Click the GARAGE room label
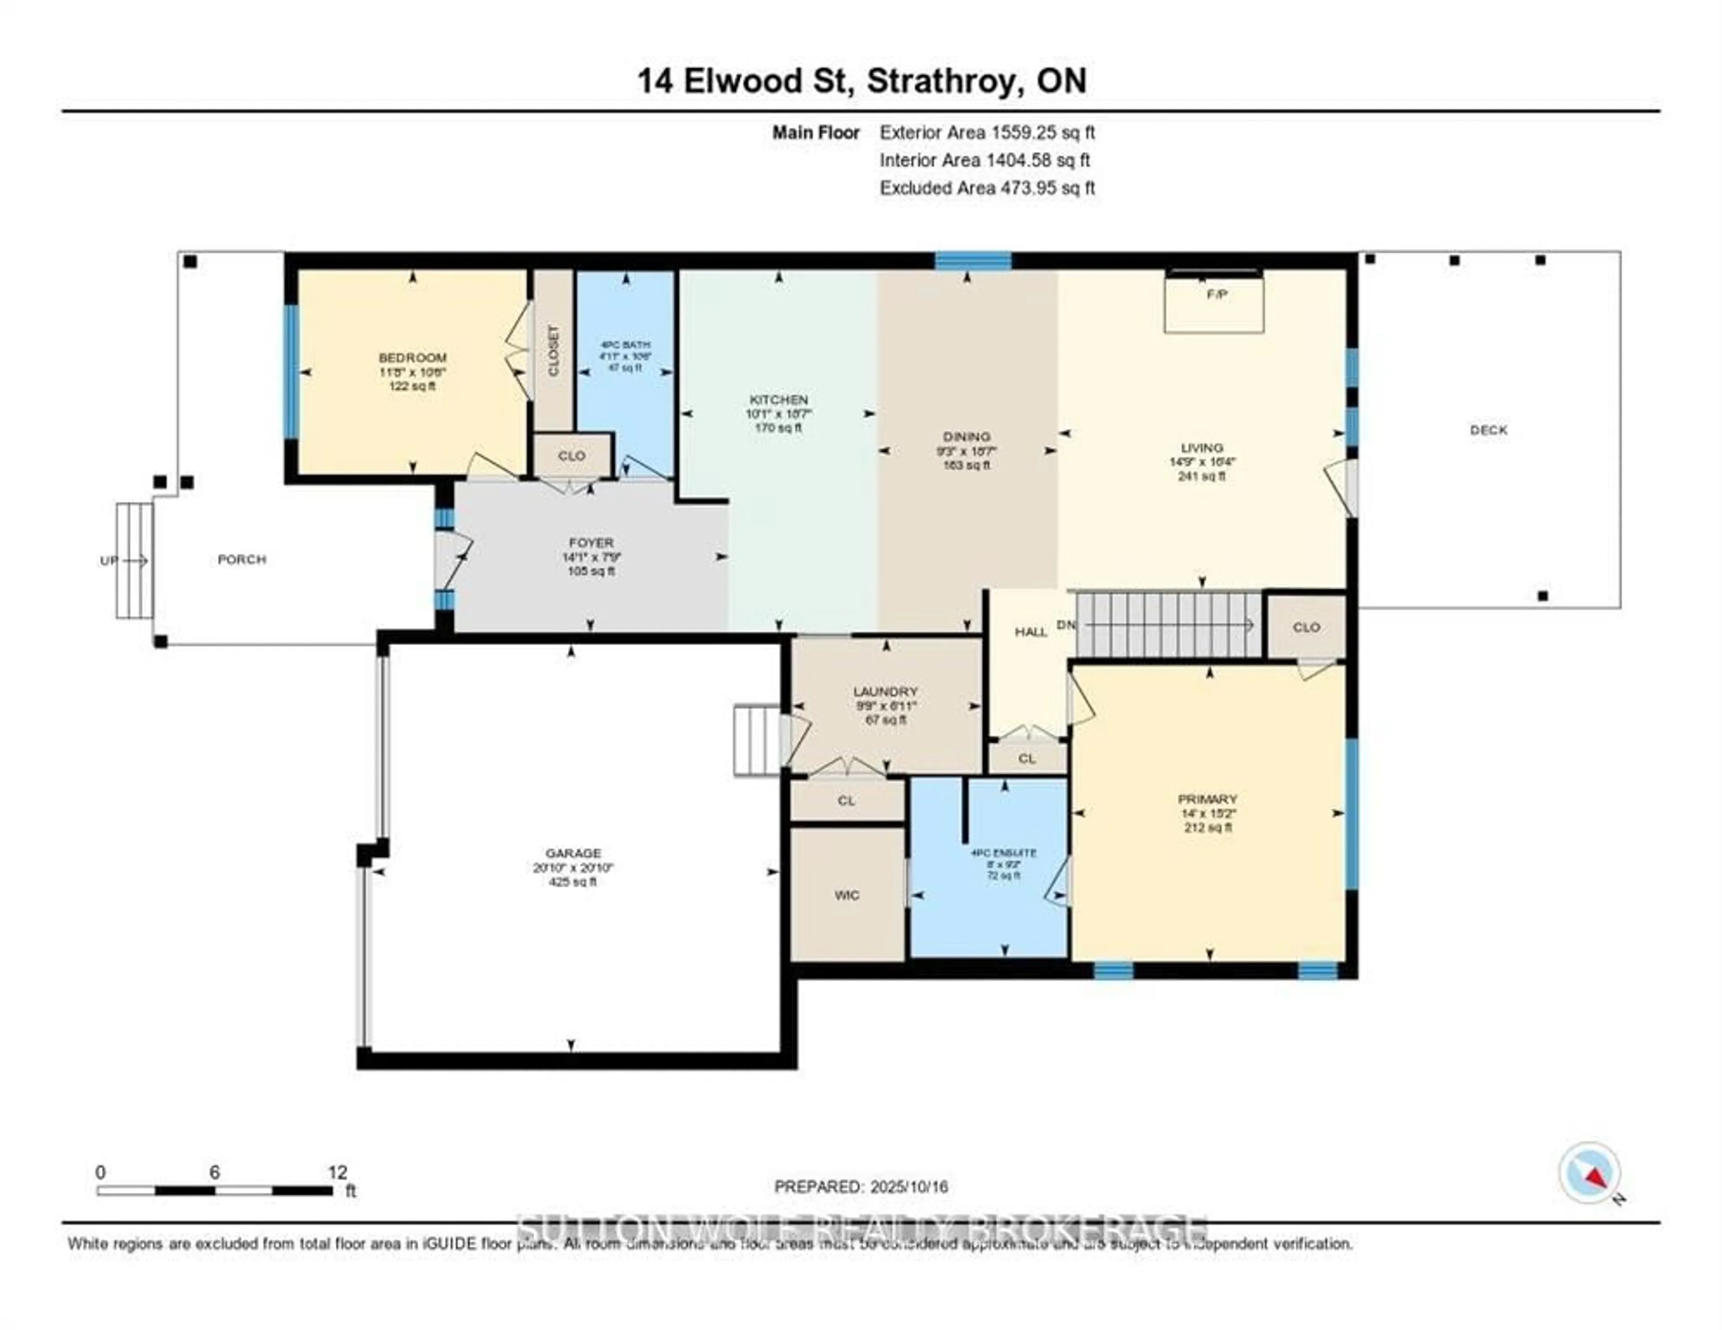coord(573,853)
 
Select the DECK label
coord(1488,430)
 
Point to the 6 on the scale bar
coord(214,1172)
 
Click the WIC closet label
coord(846,895)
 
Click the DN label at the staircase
coord(1065,624)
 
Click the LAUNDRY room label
coord(886,691)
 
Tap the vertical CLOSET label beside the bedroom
coord(553,351)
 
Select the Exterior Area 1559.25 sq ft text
coord(987,132)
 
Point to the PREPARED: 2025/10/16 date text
coord(861,1187)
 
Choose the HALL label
coord(1031,632)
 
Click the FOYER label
coord(591,542)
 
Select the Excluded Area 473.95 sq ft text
coord(987,188)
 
